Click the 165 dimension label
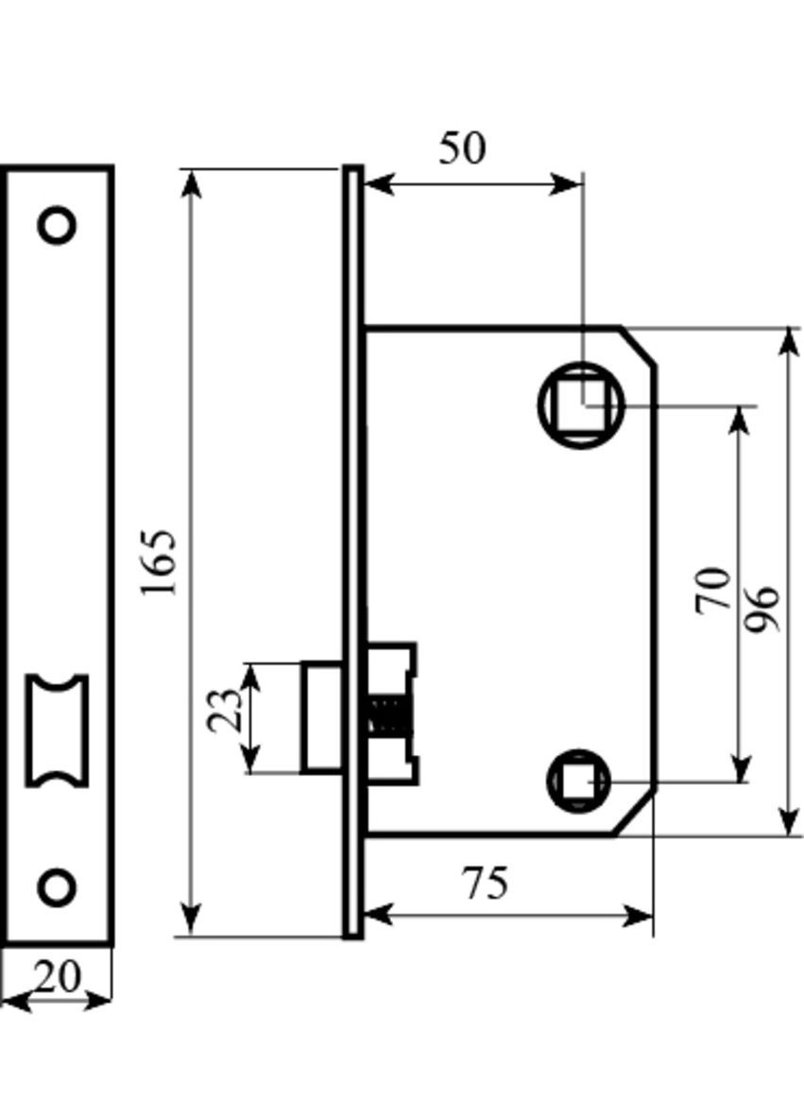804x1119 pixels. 159,563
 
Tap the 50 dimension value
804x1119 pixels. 463,147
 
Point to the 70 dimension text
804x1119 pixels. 713,590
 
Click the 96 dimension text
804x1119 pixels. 761,609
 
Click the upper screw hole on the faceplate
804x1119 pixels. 57,225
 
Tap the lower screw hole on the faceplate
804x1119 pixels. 57,887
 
